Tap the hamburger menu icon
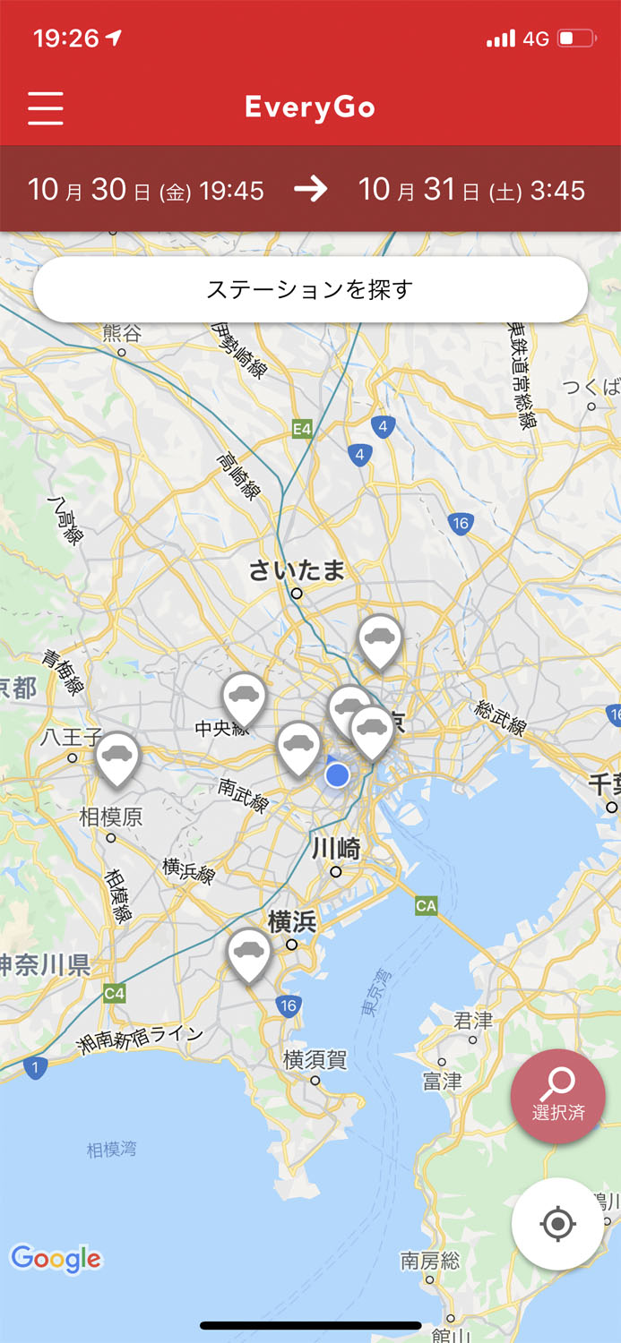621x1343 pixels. (46, 107)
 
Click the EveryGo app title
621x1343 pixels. (310, 107)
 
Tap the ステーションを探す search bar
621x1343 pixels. (310, 290)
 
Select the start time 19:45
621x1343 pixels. (231, 190)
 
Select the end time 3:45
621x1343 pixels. (557, 190)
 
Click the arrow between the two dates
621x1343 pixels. (311, 189)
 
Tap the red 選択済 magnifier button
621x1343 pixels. (557, 1096)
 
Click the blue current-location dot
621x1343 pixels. (337, 774)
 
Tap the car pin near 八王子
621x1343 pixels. (117, 757)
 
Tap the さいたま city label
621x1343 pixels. (297, 570)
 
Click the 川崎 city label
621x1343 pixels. (336, 848)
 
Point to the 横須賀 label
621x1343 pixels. (315, 1060)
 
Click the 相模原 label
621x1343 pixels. (111, 817)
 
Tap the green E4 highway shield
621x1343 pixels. (303, 430)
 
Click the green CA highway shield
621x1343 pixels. (427, 906)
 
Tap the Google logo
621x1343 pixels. (56, 1258)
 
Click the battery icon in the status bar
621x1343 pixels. (576, 38)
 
